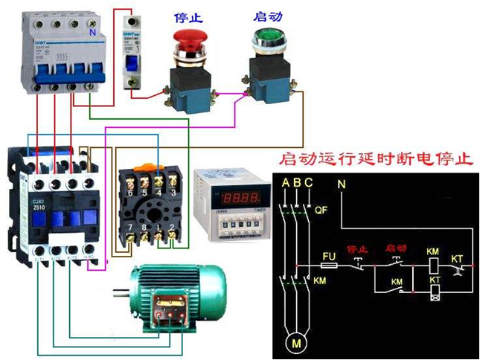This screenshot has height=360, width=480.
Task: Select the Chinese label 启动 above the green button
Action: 267,14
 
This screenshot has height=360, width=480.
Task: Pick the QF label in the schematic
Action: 321,210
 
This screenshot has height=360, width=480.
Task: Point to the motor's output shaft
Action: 118,289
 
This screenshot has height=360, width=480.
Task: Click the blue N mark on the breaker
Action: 92,33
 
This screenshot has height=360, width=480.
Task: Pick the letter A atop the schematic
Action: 285,183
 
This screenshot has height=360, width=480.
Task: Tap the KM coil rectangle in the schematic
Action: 433,266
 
